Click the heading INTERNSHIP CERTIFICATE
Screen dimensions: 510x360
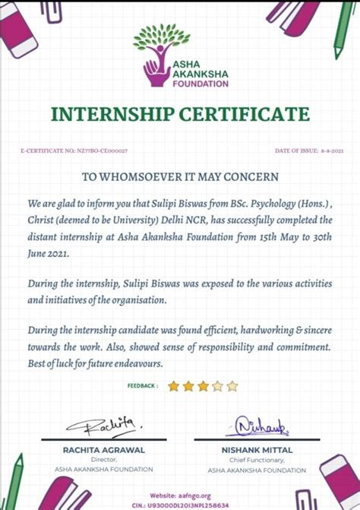(x=180, y=115)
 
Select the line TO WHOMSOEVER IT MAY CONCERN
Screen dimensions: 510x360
(x=180, y=176)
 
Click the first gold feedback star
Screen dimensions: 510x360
(x=173, y=386)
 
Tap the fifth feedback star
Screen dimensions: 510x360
(x=232, y=386)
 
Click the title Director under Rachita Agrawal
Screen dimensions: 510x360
(x=103, y=460)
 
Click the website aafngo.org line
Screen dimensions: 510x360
(x=180, y=494)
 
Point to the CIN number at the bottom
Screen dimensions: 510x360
(x=180, y=504)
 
